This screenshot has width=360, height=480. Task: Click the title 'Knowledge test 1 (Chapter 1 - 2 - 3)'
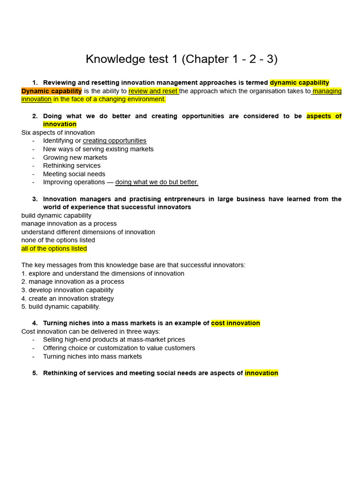pyautogui.click(x=181, y=59)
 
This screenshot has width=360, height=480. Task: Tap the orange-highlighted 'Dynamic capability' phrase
pyautogui.click(x=52, y=91)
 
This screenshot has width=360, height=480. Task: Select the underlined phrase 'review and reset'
pyautogui.click(x=153, y=91)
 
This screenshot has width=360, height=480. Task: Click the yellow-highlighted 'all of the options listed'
pyautogui.click(x=54, y=248)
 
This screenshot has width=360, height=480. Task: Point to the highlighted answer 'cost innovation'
pyautogui.click(x=235, y=323)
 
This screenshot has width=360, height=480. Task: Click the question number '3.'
pyautogui.click(x=35, y=199)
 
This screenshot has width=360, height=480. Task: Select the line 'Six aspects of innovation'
pyautogui.click(x=58, y=133)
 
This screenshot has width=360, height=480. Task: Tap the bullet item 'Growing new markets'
pyautogui.click(x=75, y=157)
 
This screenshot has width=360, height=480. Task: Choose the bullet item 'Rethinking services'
pyautogui.click(x=72, y=165)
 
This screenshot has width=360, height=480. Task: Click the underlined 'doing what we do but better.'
pyautogui.click(x=157, y=182)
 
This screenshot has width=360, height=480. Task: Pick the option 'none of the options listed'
pyautogui.click(x=58, y=240)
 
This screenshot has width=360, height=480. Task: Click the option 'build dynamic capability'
pyautogui.click(x=56, y=216)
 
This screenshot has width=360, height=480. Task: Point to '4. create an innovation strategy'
pyautogui.click(x=67, y=298)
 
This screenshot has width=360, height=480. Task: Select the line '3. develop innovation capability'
pyautogui.click(x=67, y=290)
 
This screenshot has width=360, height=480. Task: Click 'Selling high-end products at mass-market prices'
pyautogui.click(x=114, y=339)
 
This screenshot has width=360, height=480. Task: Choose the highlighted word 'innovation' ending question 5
pyautogui.click(x=261, y=373)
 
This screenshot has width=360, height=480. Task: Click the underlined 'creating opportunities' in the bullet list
pyautogui.click(x=114, y=141)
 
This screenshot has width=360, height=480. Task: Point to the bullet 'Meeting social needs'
pyautogui.click(x=74, y=174)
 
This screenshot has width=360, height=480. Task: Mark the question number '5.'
pyautogui.click(x=35, y=373)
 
